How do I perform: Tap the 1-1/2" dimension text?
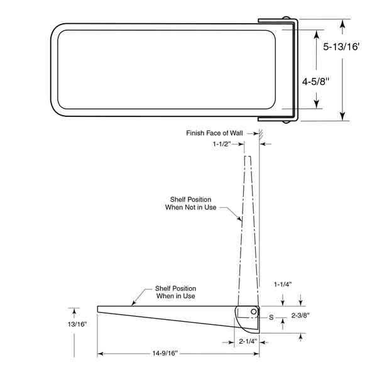pos(222,144)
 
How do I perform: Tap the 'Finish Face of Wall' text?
pos(219,133)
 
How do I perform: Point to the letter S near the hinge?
pos(271,317)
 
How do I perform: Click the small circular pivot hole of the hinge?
pos(253,311)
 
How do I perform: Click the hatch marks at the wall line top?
pos(259,133)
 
